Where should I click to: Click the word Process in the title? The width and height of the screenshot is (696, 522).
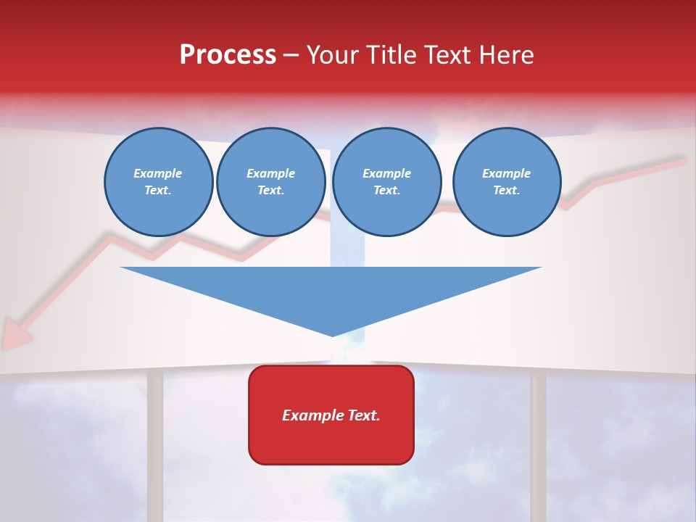228,55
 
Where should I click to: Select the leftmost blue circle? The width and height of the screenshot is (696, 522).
158,182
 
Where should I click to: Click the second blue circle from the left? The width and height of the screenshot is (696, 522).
270,182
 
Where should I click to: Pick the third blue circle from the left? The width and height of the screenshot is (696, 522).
386,182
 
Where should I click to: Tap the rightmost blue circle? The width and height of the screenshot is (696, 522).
506,182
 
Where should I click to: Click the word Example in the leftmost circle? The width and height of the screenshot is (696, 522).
158,173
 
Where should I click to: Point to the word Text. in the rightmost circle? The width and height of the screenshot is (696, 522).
506,191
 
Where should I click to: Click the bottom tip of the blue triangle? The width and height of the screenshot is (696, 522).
332,334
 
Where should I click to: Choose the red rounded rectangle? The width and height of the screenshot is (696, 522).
331,415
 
